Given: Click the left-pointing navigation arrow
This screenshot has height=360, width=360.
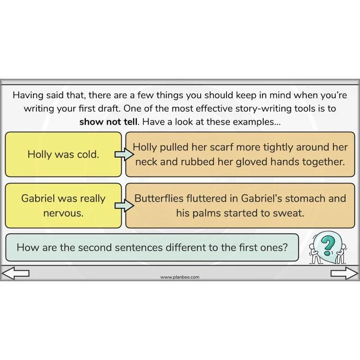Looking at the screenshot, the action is pos(15,273).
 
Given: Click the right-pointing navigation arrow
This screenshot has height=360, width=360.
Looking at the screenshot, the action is pos(344,273).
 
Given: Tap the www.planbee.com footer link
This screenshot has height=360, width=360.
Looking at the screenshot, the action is pos(180,277).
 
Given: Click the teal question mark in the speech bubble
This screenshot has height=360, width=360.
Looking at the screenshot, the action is pos(328,246).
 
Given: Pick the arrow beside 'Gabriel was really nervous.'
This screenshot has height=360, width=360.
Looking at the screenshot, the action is pos(124,206).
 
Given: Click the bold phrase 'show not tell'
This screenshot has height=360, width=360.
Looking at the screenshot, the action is pos(109,121).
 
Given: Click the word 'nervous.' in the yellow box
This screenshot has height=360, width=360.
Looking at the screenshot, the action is pos(63,213).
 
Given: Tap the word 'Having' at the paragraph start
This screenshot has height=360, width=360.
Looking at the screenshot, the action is pos(28,95).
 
